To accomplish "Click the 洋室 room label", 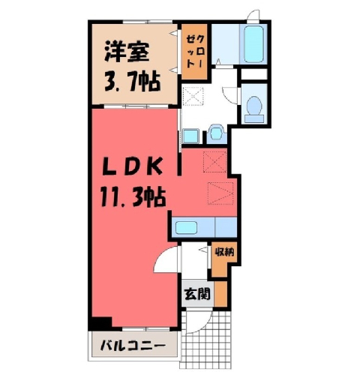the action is click(x=127, y=52).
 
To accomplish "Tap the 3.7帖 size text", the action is click(x=132, y=81).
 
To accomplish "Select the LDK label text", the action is click(x=133, y=167).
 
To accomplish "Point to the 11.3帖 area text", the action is click(x=133, y=197).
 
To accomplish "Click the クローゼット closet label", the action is click(x=194, y=51).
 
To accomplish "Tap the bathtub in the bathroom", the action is click(x=253, y=44).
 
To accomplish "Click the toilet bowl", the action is click(x=254, y=105).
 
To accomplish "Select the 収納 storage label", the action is click(x=225, y=252).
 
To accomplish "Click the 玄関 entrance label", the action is click(x=197, y=294).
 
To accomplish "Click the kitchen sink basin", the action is click(x=186, y=227).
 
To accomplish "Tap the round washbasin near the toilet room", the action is click(x=215, y=133).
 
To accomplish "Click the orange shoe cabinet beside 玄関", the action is click(x=220, y=294).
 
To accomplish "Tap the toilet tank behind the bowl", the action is click(x=254, y=118).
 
